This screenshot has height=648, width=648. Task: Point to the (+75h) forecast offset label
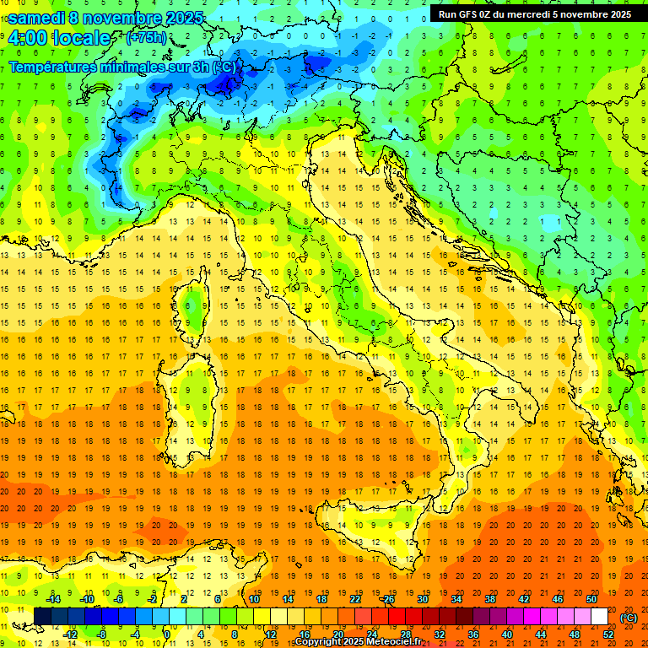(146, 38)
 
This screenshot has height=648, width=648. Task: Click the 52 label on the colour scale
(608, 634)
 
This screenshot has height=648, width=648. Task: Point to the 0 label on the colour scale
(167, 634)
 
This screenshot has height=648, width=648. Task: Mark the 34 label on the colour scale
(456, 599)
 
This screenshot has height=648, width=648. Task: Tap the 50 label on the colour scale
(591, 599)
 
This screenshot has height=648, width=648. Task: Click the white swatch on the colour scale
(599, 616)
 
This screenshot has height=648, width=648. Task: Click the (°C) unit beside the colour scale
(629, 618)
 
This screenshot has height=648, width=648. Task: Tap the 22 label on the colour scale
(355, 599)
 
